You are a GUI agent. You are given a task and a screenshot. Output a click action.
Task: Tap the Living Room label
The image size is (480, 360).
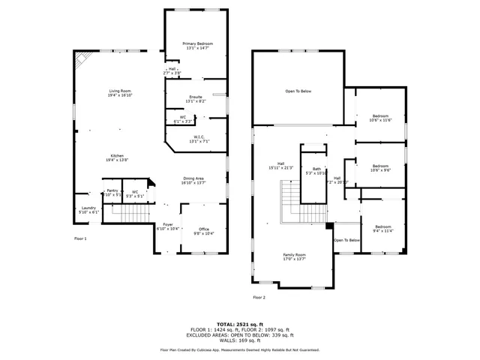coord(120,93)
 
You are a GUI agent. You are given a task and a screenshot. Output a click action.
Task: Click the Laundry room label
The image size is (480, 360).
coord(88,210)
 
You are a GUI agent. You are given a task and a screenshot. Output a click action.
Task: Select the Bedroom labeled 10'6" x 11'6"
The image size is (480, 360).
coord(380,118)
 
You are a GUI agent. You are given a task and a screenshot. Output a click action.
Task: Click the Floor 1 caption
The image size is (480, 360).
coord(80,238)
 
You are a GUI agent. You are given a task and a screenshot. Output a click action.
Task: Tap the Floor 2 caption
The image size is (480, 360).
coord(259,298)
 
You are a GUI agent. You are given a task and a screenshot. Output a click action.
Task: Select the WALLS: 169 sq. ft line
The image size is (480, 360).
coord(239,340)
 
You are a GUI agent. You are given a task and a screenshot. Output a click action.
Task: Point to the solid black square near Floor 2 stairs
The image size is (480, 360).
coord(329,226)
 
